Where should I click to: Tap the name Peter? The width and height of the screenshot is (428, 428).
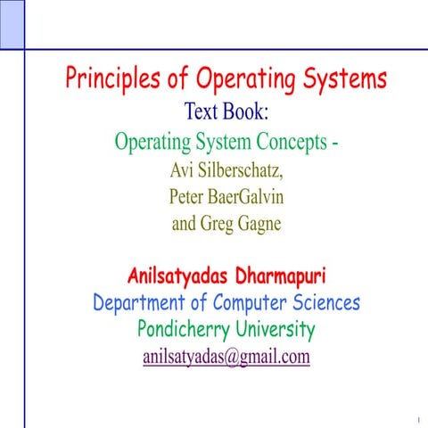coord(187,196)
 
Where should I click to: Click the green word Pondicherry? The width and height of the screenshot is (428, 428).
coord(185,330)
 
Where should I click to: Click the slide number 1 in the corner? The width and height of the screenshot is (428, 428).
coord(416,417)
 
